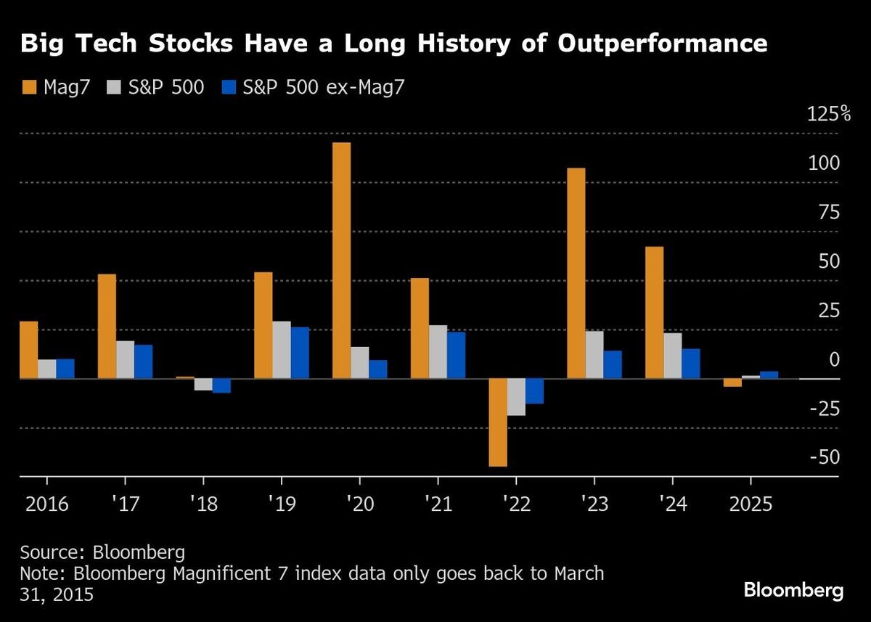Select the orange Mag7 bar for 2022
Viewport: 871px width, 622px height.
click(x=498, y=422)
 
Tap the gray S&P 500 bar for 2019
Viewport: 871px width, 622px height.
click(x=281, y=350)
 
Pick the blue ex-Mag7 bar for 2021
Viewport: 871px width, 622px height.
click(x=456, y=355)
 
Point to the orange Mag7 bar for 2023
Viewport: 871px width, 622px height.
click(x=576, y=273)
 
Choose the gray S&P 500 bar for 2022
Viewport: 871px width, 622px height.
click(x=516, y=397)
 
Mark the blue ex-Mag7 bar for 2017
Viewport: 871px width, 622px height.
click(x=143, y=361)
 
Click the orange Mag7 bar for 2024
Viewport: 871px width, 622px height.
click(x=654, y=312)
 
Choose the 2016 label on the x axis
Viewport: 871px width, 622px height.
click(x=46, y=504)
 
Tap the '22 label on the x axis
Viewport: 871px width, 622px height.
click(x=515, y=504)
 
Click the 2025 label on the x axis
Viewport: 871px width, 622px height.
click(x=750, y=504)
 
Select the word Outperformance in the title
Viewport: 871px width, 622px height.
click(x=661, y=44)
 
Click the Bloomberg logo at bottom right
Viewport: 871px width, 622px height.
click(x=793, y=590)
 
